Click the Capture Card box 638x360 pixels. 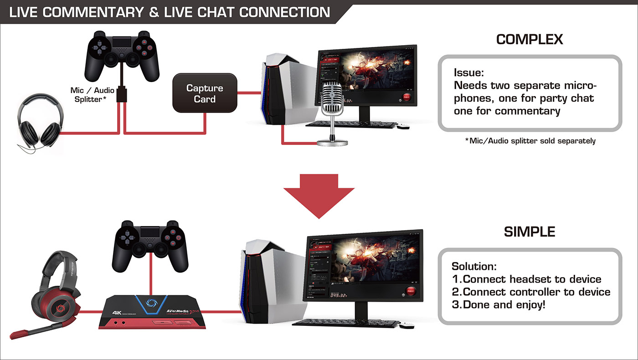(205, 93)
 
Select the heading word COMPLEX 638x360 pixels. (530, 40)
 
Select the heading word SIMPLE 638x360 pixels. (530, 232)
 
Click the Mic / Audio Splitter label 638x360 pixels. (92, 95)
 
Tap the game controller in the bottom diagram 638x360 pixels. (150, 246)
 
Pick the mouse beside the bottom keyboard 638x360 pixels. (407, 325)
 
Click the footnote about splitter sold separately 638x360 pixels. (530, 141)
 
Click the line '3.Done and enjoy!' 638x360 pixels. (498, 305)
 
